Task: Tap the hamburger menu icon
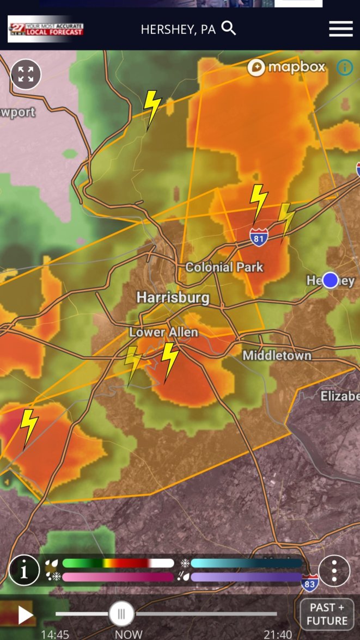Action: (341, 29)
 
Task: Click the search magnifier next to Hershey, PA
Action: (229, 28)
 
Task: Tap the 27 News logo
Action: (46, 29)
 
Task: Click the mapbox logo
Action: (286, 67)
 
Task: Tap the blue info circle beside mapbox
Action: (344, 67)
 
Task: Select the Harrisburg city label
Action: (173, 297)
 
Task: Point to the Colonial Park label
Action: (224, 267)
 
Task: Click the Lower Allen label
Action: (163, 332)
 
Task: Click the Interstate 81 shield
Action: (259, 237)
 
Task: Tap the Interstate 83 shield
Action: (310, 583)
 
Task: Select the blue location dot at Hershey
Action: (330, 280)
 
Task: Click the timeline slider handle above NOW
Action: (121, 614)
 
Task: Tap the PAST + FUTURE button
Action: (327, 614)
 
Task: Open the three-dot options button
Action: (334, 571)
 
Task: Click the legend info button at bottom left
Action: (24, 570)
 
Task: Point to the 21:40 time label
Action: (277, 635)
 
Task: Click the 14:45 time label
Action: (55, 635)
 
